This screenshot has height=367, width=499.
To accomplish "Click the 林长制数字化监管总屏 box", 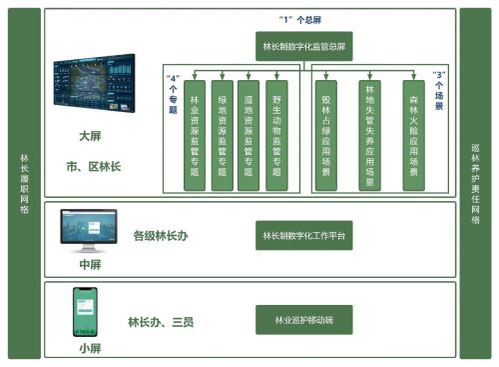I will click(304, 46).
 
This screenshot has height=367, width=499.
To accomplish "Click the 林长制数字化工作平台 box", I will click(304, 236).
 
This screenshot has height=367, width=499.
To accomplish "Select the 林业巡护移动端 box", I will click(304, 320).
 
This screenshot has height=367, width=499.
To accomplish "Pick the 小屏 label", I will click(89, 348).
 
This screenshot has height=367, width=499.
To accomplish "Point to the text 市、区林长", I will click(93, 166).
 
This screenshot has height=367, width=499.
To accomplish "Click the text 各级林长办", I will click(160, 237).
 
